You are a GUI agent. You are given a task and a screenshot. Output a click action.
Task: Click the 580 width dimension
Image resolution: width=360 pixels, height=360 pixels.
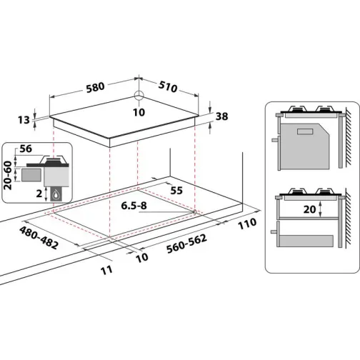pos(94,86)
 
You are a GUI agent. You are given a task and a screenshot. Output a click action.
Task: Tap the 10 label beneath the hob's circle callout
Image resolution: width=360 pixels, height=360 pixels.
pos(139,113)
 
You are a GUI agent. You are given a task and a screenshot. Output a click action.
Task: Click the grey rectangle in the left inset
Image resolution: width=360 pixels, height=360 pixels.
pos(30,173)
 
